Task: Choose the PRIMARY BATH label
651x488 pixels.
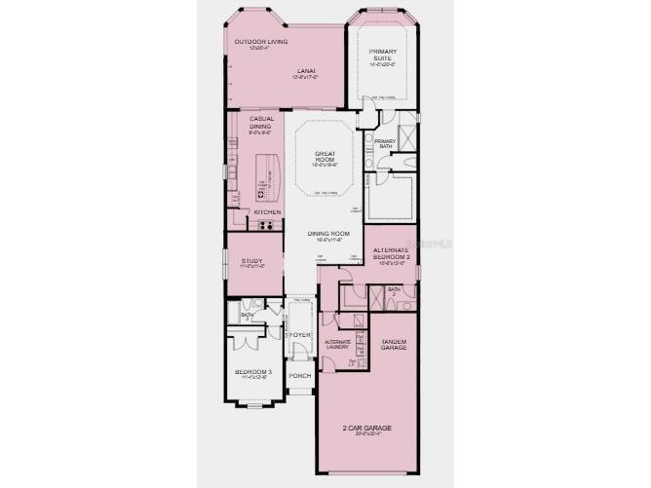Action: click(385, 144)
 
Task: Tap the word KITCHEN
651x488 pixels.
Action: click(267, 211)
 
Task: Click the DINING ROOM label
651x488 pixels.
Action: click(328, 234)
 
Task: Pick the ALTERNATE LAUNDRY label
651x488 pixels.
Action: click(338, 345)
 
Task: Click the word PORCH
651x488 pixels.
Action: click(300, 375)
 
